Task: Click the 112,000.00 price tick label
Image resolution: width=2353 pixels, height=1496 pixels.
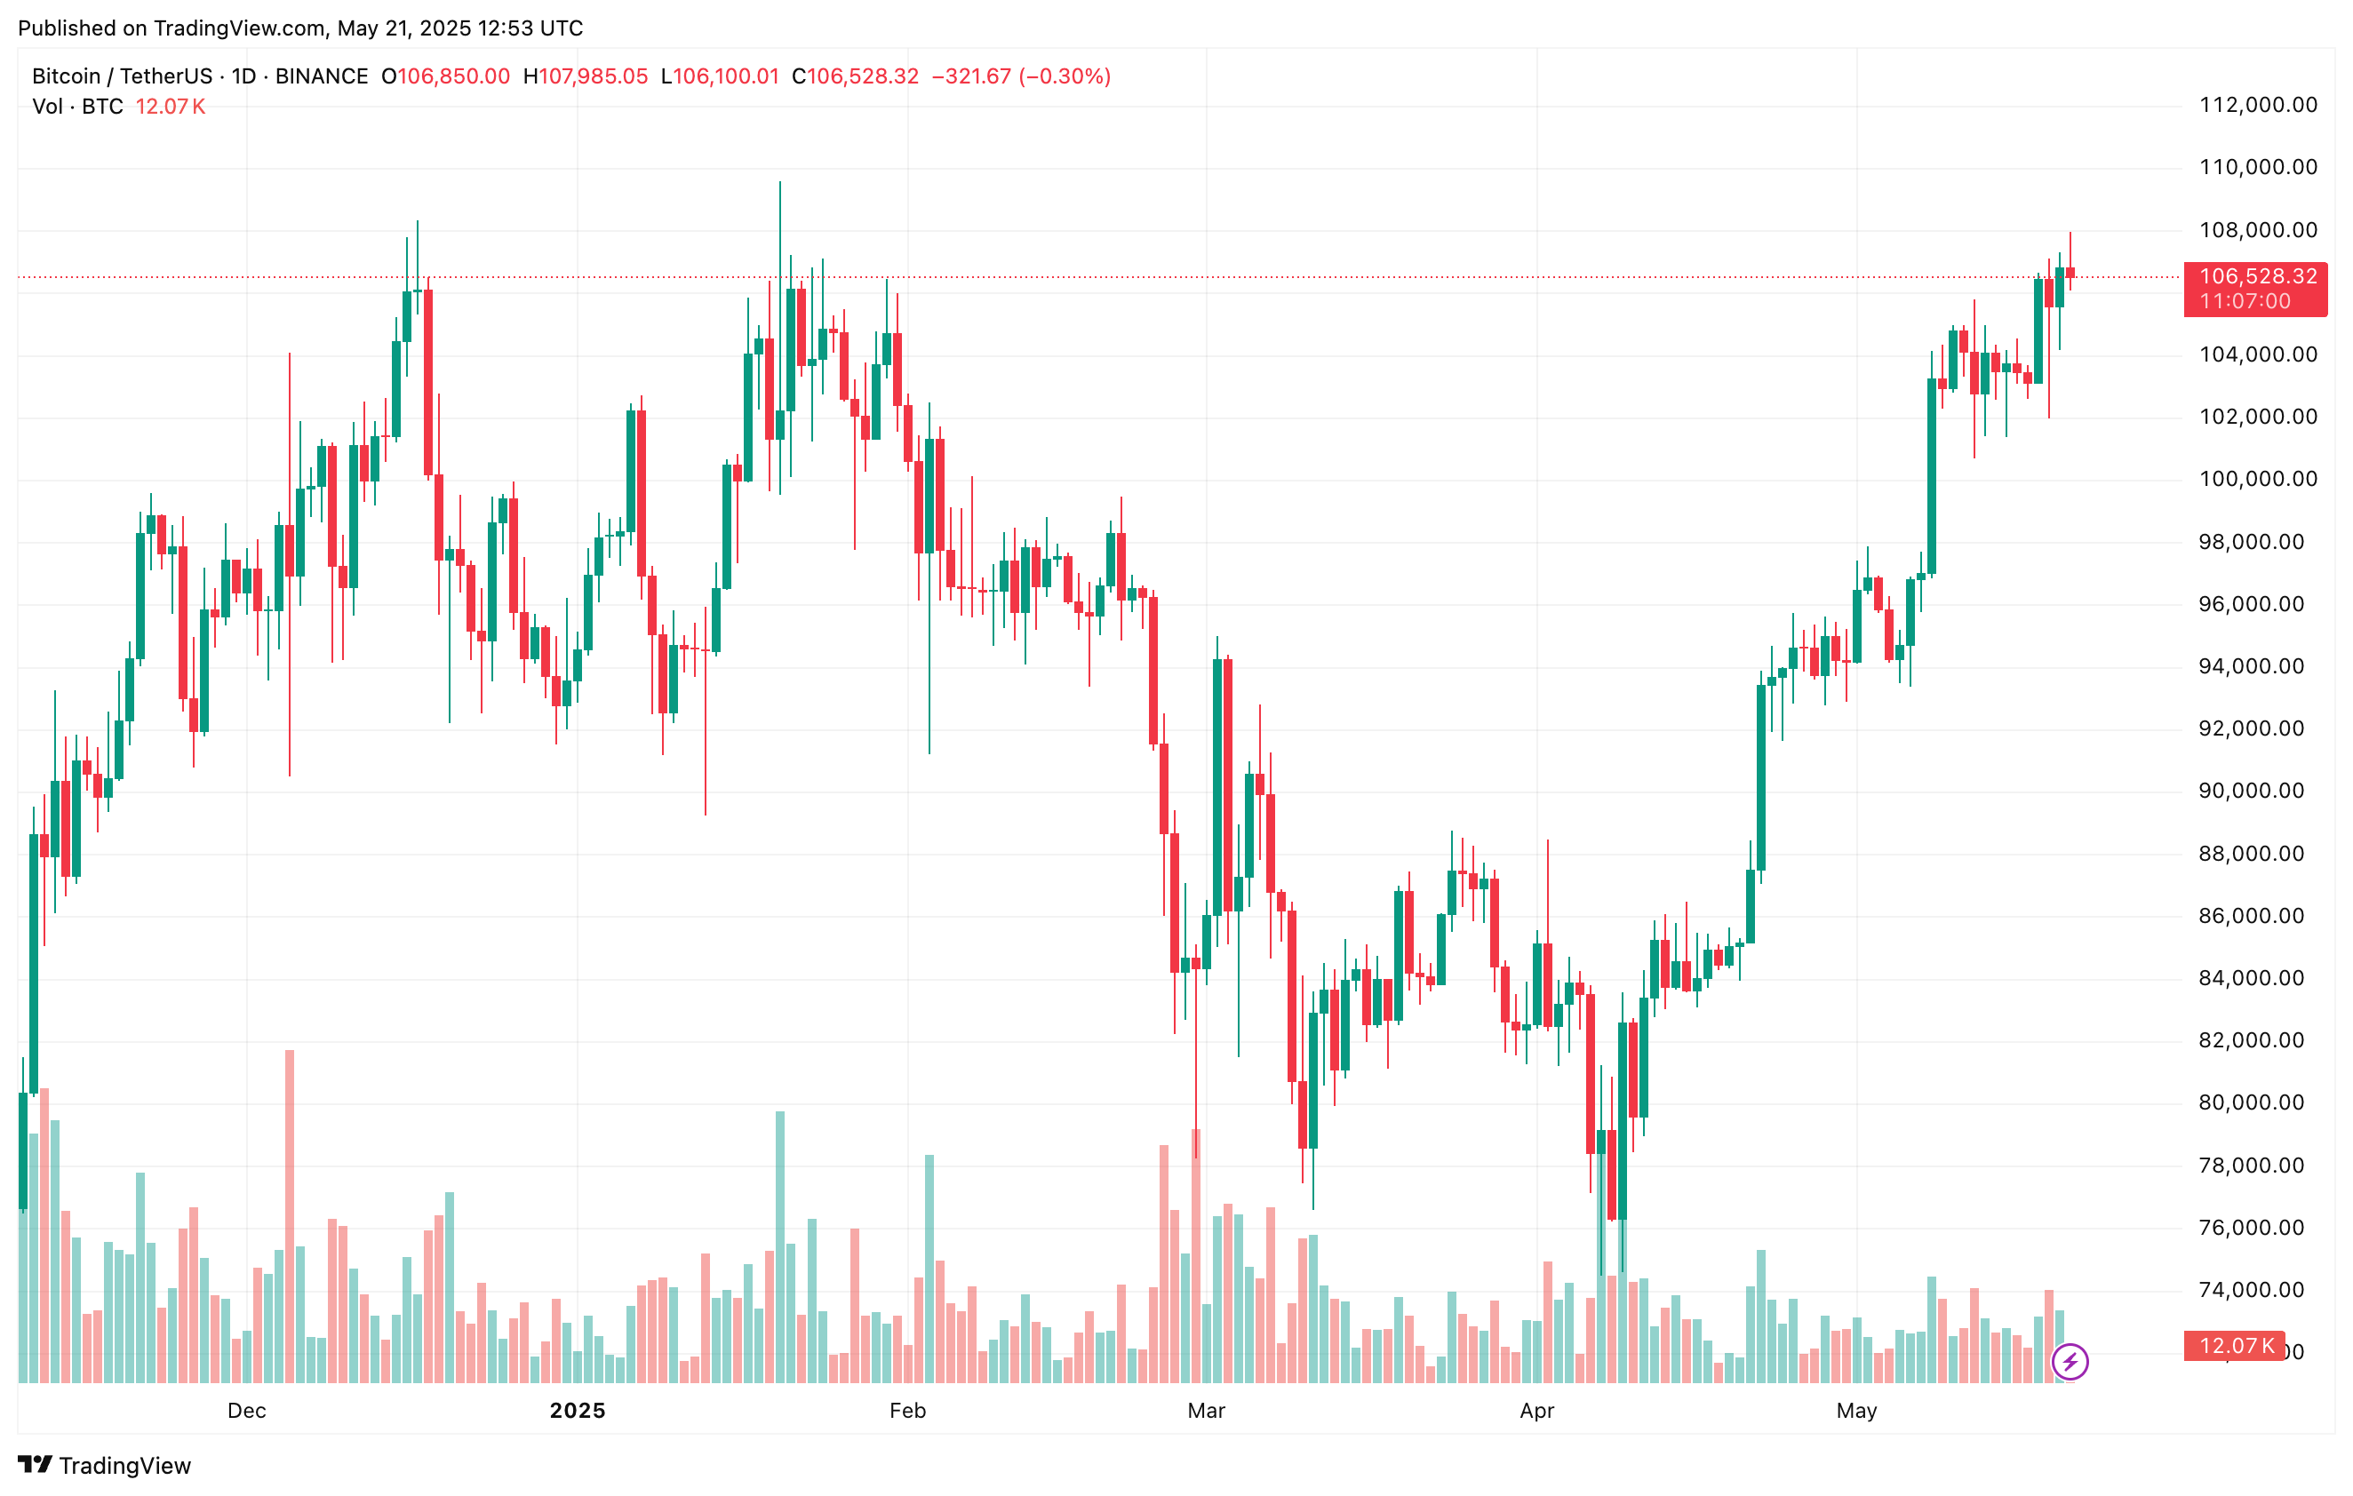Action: click(x=2257, y=105)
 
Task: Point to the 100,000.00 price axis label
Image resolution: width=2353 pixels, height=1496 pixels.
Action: click(x=2257, y=479)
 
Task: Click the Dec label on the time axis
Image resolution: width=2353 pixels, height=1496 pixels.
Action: click(x=246, y=1410)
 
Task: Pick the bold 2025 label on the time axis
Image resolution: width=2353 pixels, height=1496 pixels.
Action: click(x=578, y=1410)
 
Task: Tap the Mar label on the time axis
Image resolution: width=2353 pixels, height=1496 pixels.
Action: click(x=1206, y=1410)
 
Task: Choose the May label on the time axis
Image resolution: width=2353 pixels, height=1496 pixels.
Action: click(x=1855, y=1410)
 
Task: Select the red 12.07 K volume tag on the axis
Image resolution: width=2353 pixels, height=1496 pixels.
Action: click(x=2235, y=1346)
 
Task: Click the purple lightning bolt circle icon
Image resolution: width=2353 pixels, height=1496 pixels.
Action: click(x=2070, y=1361)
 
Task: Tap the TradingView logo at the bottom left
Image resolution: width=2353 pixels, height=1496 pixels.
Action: click(x=105, y=1465)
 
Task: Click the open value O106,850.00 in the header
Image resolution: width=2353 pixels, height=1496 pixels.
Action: click(x=445, y=76)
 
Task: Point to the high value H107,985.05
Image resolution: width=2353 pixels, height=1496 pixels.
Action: click(x=586, y=76)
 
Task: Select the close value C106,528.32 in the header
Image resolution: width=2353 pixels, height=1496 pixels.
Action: click(x=855, y=76)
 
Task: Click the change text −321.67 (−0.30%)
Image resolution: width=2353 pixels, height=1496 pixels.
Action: click(x=1021, y=76)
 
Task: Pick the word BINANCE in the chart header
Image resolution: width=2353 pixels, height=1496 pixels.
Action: click(x=322, y=76)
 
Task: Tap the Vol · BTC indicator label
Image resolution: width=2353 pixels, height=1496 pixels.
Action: click(x=78, y=107)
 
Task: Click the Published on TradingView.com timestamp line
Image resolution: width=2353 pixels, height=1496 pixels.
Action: click(x=300, y=28)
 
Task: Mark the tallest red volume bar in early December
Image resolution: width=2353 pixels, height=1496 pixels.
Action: click(x=290, y=1215)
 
